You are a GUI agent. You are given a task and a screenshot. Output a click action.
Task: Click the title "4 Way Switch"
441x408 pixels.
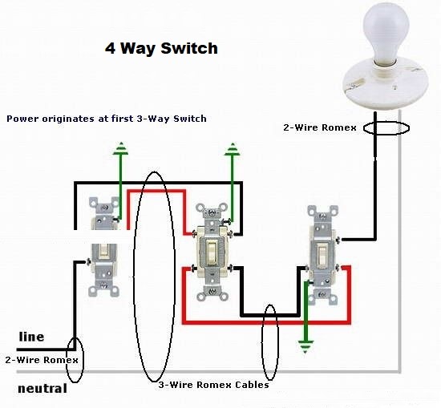click(x=161, y=48)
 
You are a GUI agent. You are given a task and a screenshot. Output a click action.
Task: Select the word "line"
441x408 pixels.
click(x=31, y=337)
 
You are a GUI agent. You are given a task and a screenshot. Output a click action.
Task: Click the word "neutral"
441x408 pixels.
click(x=42, y=389)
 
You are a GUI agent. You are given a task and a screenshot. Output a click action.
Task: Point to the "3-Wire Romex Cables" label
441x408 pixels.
click(x=214, y=385)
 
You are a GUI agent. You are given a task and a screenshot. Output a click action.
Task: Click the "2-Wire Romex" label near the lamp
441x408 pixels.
click(x=320, y=127)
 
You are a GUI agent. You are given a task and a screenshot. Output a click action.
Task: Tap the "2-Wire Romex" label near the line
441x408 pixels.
click(x=42, y=360)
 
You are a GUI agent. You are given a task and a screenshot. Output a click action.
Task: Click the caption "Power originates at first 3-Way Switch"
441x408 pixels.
click(x=107, y=119)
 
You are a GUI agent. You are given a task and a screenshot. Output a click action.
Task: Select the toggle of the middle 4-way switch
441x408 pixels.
click(x=211, y=252)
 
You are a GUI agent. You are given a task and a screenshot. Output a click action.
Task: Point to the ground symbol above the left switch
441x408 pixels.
click(x=120, y=148)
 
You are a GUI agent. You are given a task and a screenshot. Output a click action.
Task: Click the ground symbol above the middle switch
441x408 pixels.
click(x=233, y=149)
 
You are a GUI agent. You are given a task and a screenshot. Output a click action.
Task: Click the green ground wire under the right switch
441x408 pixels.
click(x=306, y=310)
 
